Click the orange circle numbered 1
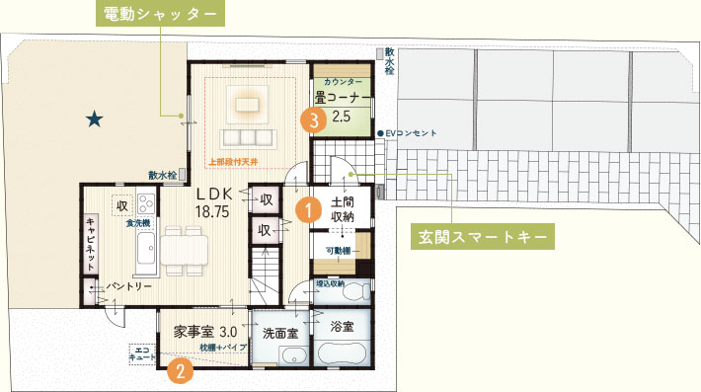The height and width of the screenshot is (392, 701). point(308,208)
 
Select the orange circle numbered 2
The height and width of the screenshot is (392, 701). point(180,370)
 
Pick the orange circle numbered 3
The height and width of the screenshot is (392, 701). point(312,120)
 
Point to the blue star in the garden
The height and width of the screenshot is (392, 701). point(94,119)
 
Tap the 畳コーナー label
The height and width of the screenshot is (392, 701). point(343,100)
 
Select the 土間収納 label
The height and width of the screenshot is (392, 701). point(344,209)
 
